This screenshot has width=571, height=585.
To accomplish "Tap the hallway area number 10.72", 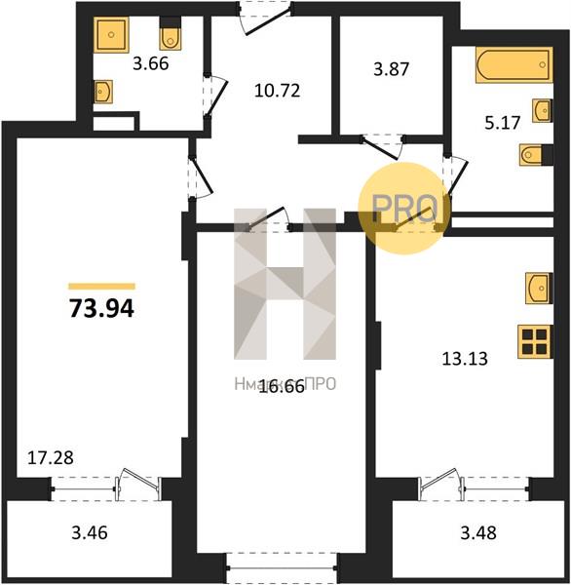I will coord(276,92).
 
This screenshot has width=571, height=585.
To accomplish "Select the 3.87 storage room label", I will coord(392,71).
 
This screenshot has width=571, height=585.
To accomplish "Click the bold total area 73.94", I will coord(101,310).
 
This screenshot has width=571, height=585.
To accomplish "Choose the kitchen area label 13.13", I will coord(464,357).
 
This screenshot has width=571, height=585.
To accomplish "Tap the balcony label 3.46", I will coord(89,533).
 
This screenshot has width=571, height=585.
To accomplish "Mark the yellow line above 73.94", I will coord(101,286).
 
